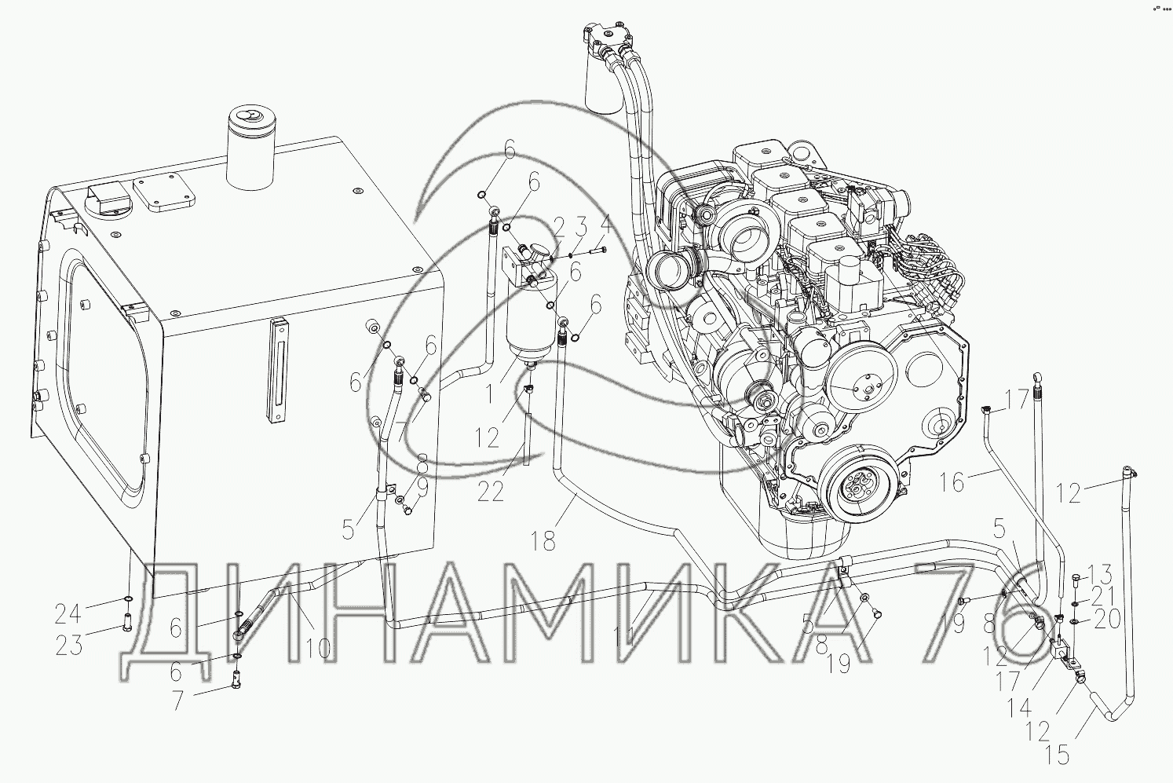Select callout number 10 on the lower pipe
pos(317,649)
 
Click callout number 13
pos(1098,575)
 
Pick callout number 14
pos(1018,708)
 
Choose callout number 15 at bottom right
pos(1057,756)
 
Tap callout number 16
pos(951,482)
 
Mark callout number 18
pos(543,540)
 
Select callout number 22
pos(490,492)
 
